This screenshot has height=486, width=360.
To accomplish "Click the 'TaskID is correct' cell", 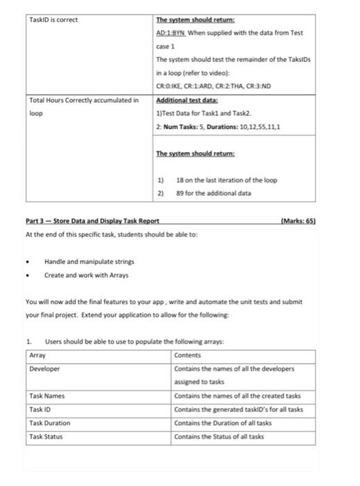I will [x=53, y=19].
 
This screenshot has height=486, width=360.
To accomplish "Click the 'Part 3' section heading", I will [x=92, y=220].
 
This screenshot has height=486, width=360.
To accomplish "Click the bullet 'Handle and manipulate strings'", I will [x=80, y=261].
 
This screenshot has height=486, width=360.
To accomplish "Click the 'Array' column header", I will [x=37, y=355].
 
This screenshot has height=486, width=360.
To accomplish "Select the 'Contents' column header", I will [x=187, y=355].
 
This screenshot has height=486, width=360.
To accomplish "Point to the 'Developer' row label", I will [x=45, y=369].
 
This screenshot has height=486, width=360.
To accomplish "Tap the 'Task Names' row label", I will [x=47, y=396].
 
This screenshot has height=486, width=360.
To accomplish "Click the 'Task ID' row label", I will [x=41, y=409].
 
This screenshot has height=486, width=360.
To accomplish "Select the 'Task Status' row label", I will [x=46, y=436].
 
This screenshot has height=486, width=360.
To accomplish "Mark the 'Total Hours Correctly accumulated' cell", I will [x=83, y=101].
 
